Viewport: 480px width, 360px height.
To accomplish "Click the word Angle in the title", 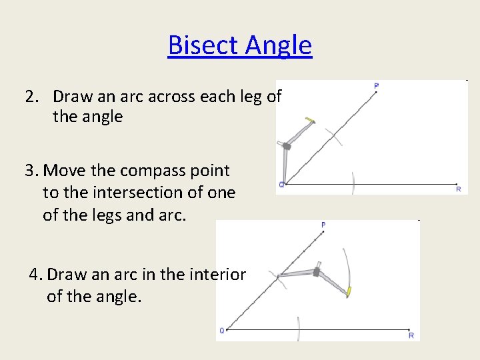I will click(277, 45).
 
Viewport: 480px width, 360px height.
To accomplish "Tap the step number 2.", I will click(31, 97).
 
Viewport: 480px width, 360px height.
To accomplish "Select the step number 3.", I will click(31, 171).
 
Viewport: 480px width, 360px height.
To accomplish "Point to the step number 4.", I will click(35, 274).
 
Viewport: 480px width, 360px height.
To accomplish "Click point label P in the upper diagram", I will click(377, 86).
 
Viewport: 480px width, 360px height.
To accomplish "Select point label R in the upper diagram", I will click(458, 189).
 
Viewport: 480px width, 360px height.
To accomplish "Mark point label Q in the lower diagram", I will click(222, 330).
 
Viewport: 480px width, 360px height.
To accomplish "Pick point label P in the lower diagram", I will click(323, 225).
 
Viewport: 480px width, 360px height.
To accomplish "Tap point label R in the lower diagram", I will click(411, 335).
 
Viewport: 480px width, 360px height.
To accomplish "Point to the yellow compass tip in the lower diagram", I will click(347, 291).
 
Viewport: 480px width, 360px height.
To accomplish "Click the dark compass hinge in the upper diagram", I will click(287, 145).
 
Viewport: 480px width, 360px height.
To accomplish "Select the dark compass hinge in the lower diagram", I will click(316, 272).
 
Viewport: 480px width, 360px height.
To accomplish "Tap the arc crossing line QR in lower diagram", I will click(299, 329).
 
